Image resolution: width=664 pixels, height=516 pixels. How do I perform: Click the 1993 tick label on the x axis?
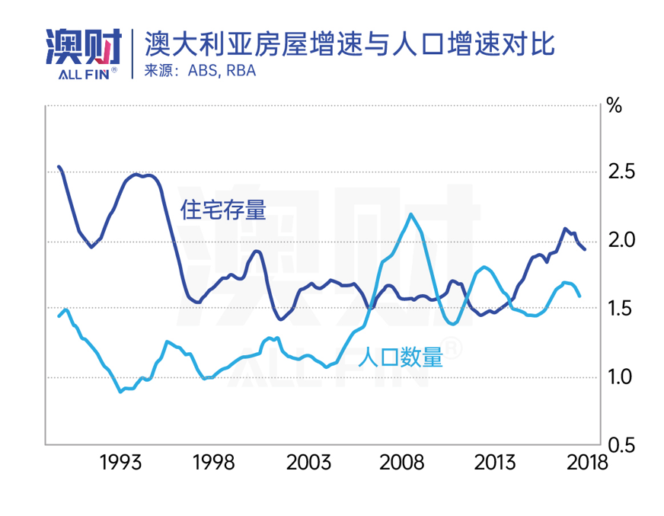(x=120, y=462)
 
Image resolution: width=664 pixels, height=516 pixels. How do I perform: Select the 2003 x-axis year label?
(x=308, y=462)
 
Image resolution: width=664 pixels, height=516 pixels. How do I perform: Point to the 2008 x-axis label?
(x=401, y=462)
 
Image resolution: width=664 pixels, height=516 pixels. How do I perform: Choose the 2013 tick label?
(x=495, y=462)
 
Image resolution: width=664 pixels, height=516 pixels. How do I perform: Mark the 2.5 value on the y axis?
(x=623, y=172)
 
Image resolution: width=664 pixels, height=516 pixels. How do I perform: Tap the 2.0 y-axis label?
(x=623, y=240)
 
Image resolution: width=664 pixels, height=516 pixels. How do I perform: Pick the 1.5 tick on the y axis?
(x=623, y=309)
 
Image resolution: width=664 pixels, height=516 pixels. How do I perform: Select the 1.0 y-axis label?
(x=623, y=377)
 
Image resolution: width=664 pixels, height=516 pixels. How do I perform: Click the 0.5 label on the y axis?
(x=623, y=444)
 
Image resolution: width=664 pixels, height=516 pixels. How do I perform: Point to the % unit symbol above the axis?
(x=614, y=105)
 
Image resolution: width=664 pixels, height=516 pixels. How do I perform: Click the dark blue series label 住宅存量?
(x=223, y=210)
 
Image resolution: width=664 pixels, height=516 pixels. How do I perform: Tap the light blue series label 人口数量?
(x=399, y=357)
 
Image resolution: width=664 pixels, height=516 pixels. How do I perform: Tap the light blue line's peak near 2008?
(x=410, y=214)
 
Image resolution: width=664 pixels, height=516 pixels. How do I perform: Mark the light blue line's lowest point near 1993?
(x=120, y=391)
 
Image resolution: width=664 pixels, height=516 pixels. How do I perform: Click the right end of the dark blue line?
(x=584, y=249)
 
